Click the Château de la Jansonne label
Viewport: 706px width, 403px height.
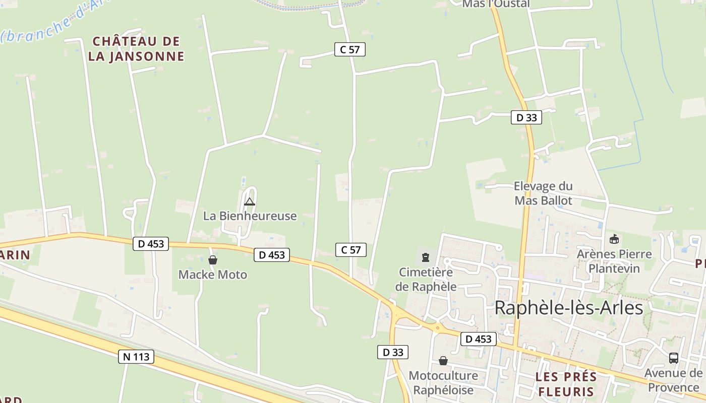coord(136,48)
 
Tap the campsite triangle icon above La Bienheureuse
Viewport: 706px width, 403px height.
coord(249,202)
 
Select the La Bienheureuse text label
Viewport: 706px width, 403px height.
coord(250,216)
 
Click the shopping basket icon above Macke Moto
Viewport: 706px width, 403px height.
coord(213,260)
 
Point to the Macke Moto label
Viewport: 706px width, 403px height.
coord(213,275)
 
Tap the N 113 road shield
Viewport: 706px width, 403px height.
coord(136,357)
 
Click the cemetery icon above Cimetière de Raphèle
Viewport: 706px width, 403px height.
coord(426,257)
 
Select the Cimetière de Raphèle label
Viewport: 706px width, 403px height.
coord(426,280)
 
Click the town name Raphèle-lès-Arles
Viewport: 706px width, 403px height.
coord(569,307)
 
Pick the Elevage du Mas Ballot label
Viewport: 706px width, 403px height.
coord(543,193)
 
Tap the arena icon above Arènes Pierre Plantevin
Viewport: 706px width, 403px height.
coord(614,239)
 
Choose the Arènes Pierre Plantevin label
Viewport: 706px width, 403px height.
coord(614,261)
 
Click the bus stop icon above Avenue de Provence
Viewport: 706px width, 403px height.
coord(673,358)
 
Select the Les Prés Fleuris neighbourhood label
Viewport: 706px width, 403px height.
coord(566,384)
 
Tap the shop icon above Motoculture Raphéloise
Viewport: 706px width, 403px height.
coord(443,361)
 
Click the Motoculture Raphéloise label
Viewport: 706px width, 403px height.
coord(443,383)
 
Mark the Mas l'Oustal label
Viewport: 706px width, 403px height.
coord(496,4)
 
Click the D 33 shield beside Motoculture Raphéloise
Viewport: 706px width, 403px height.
coord(392,352)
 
